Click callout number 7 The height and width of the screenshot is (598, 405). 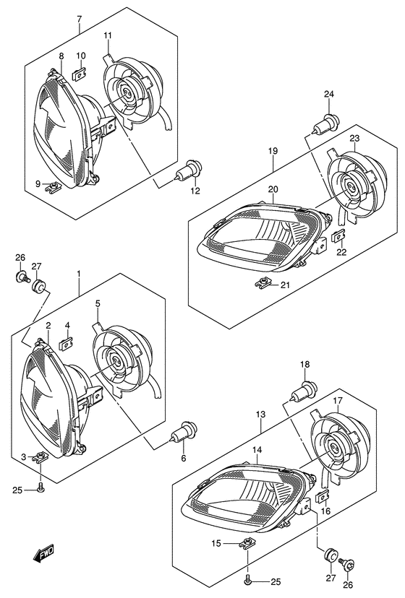[x=79, y=18]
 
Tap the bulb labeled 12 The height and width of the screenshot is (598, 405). [x=188, y=171]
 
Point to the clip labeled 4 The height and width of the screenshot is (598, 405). [x=66, y=344]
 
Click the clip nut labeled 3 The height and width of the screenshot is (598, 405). [x=40, y=457]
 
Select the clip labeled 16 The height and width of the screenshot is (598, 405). [x=323, y=497]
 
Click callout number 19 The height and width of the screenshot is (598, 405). [x=273, y=151]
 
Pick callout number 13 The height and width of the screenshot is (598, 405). [x=260, y=414]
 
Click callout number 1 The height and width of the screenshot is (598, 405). [x=78, y=274]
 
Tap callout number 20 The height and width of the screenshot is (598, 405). [x=273, y=189]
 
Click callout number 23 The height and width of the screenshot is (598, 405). [x=354, y=138]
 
